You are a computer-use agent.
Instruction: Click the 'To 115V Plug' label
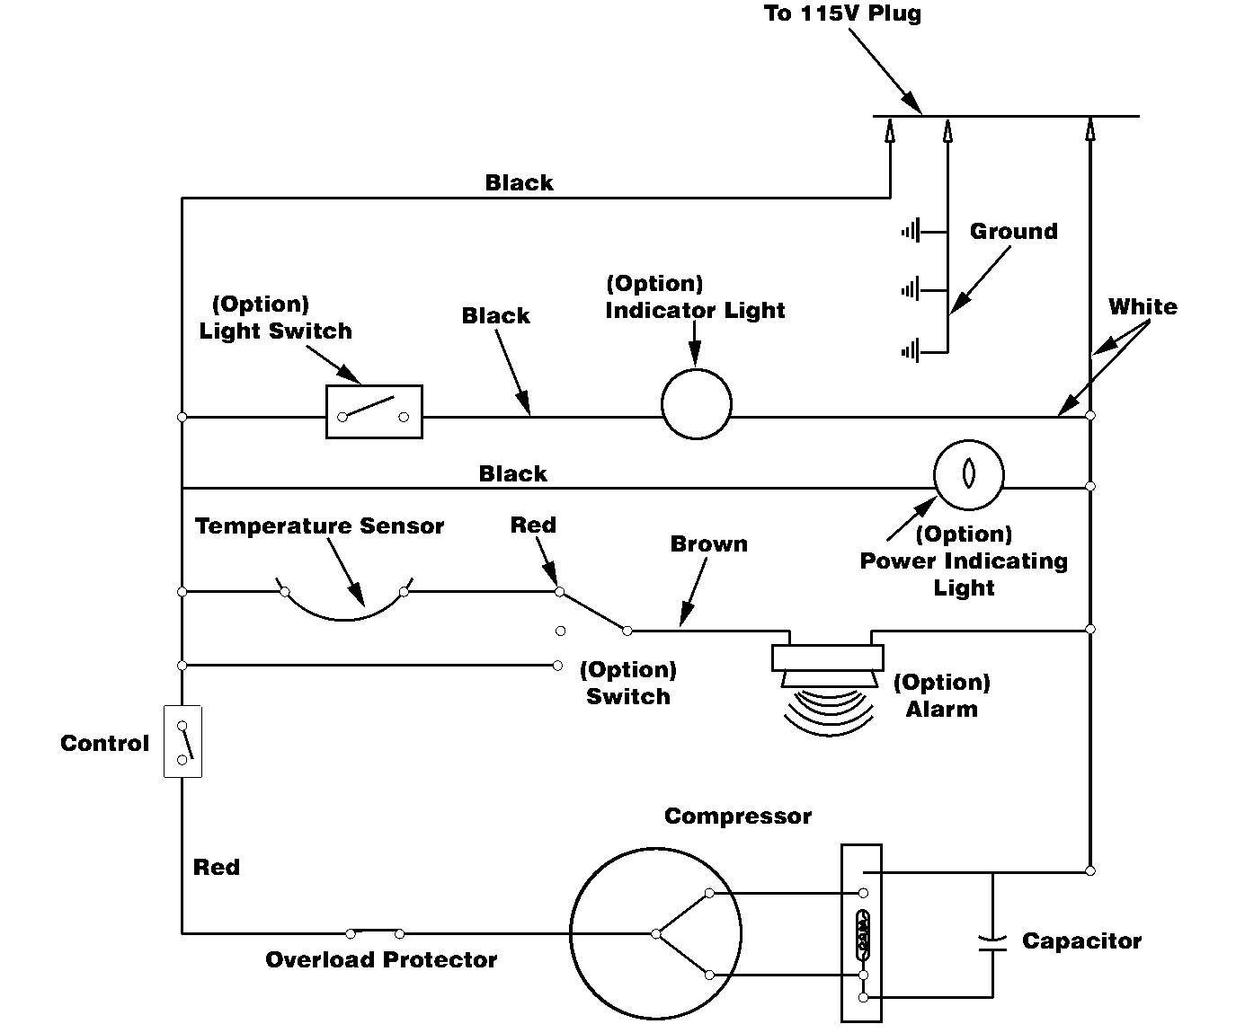click(841, 13)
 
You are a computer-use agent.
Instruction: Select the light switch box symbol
click(373, 412)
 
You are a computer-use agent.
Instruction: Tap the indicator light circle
click(696, 404)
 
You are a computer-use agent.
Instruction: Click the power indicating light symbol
click(967, 474)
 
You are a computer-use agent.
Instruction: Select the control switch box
click(182, 742)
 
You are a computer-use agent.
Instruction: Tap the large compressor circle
click(655, 933)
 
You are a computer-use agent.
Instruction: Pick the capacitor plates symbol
click(993, 941)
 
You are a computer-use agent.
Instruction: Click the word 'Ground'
click(1013, 231)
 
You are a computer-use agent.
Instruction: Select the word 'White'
click(1142, 306)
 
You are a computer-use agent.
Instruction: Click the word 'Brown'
click(708, 543)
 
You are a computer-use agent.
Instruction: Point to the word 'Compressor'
click(737, 816)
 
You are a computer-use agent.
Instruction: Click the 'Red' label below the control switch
click(217, 867)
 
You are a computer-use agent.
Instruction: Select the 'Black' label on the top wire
click(519, 182)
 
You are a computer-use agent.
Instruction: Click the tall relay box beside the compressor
click(861, 933)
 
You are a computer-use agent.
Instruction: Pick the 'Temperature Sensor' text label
click(319, 525)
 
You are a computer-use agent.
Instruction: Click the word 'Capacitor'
click(1081, 940)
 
